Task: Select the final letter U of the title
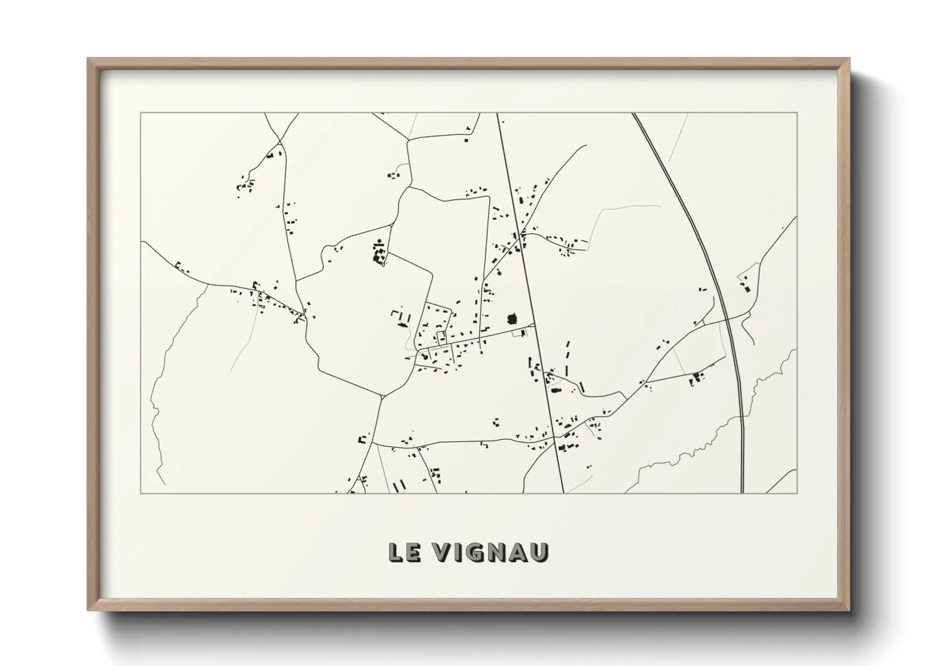(540, 552)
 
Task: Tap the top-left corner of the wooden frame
(89, 60)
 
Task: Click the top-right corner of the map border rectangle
(797, 113)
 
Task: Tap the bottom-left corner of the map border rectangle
(141, 493)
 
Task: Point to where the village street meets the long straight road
(535, 325)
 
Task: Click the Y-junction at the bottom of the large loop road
(382, 397)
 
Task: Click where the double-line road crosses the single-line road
(726, 318)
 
